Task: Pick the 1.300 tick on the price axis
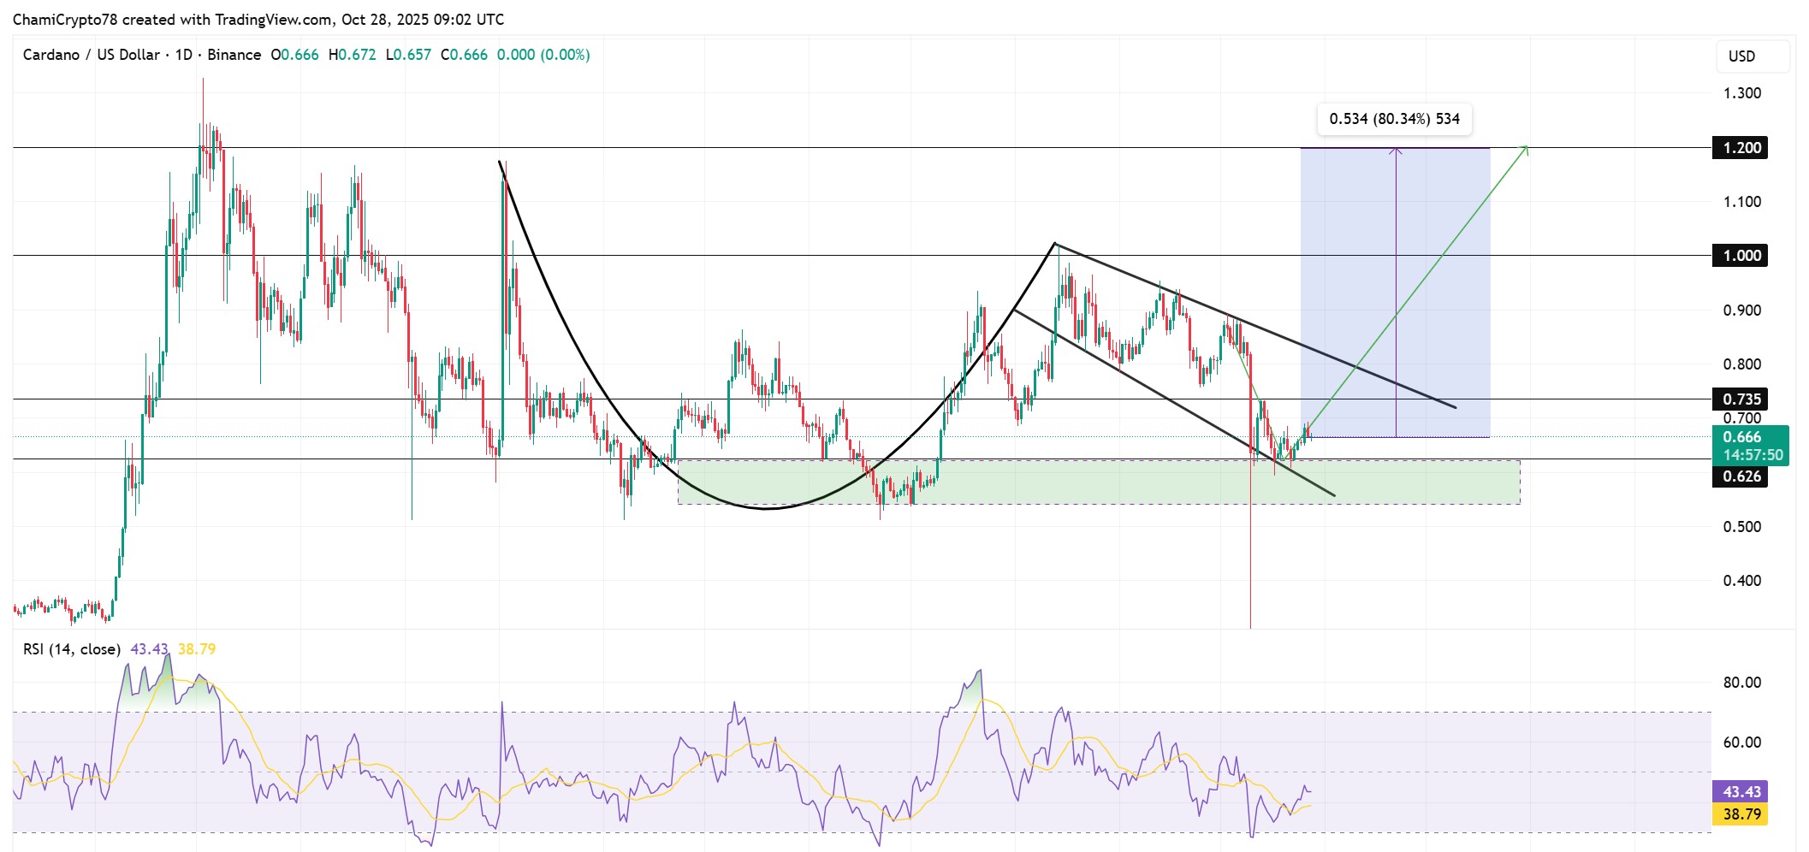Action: click(x=1742, y=93)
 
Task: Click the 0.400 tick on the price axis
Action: click(x=1742, y=580)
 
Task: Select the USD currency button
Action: click(x=1741, y=56)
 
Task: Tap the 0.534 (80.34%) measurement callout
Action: click(x=1395, y=119)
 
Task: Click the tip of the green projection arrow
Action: click(x=1528, y=146)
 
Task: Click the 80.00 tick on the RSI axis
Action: click(x=1742, y=682)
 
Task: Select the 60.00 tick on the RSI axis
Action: click(x=1742, y=742)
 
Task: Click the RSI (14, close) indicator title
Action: click(x=72, y=649)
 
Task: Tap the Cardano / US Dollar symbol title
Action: click(x=92, y=55)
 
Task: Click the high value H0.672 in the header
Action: click(x=353, y=55)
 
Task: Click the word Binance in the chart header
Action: click(x=234, y=55)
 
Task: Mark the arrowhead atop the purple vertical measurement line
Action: click(x=1396, y=150)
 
